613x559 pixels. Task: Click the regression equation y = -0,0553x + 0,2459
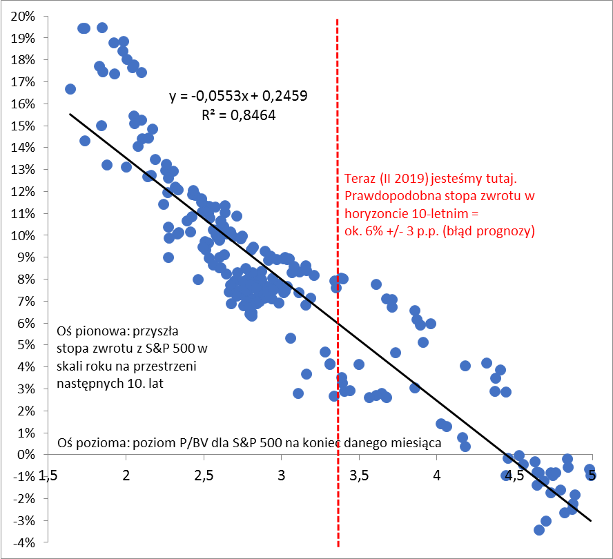click(x=238, y=96)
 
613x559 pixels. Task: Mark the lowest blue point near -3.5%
click(x=539, y=530)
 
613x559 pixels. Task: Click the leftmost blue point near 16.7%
click(x=70, y=89)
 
